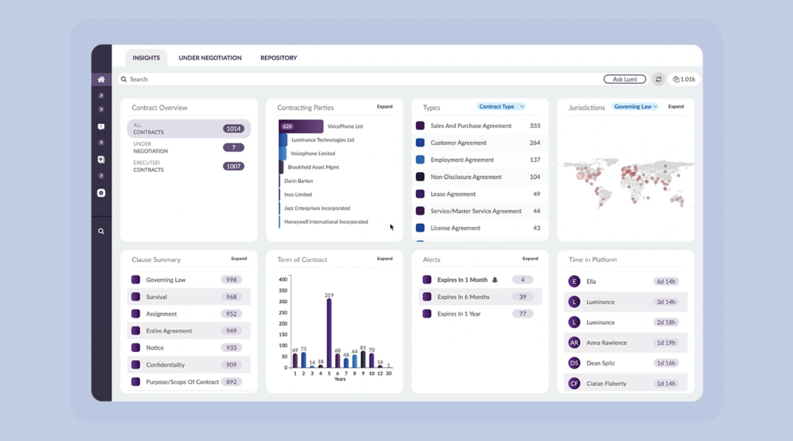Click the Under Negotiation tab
coord(210,58)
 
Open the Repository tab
coord(279,58)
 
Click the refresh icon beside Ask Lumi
coord(658,79)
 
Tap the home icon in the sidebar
coord(101,80)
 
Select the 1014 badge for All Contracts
coord(233,129)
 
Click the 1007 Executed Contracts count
coord(233,167)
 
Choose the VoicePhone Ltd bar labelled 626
coord(300,126)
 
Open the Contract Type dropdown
coord(501,107)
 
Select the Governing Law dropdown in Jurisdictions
coord(635,107)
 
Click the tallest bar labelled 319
coord(329,333)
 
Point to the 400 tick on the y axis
coord(283,280)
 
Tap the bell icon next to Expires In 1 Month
coord(495,280)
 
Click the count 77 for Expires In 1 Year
coord(523,314)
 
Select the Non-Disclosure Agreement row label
coord(466,177)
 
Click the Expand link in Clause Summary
coord(239,259)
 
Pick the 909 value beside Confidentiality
coord(231,365)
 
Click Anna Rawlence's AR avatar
coord(574,343)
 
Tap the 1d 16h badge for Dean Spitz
coord(665,363)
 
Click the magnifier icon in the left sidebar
coord(101,232)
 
